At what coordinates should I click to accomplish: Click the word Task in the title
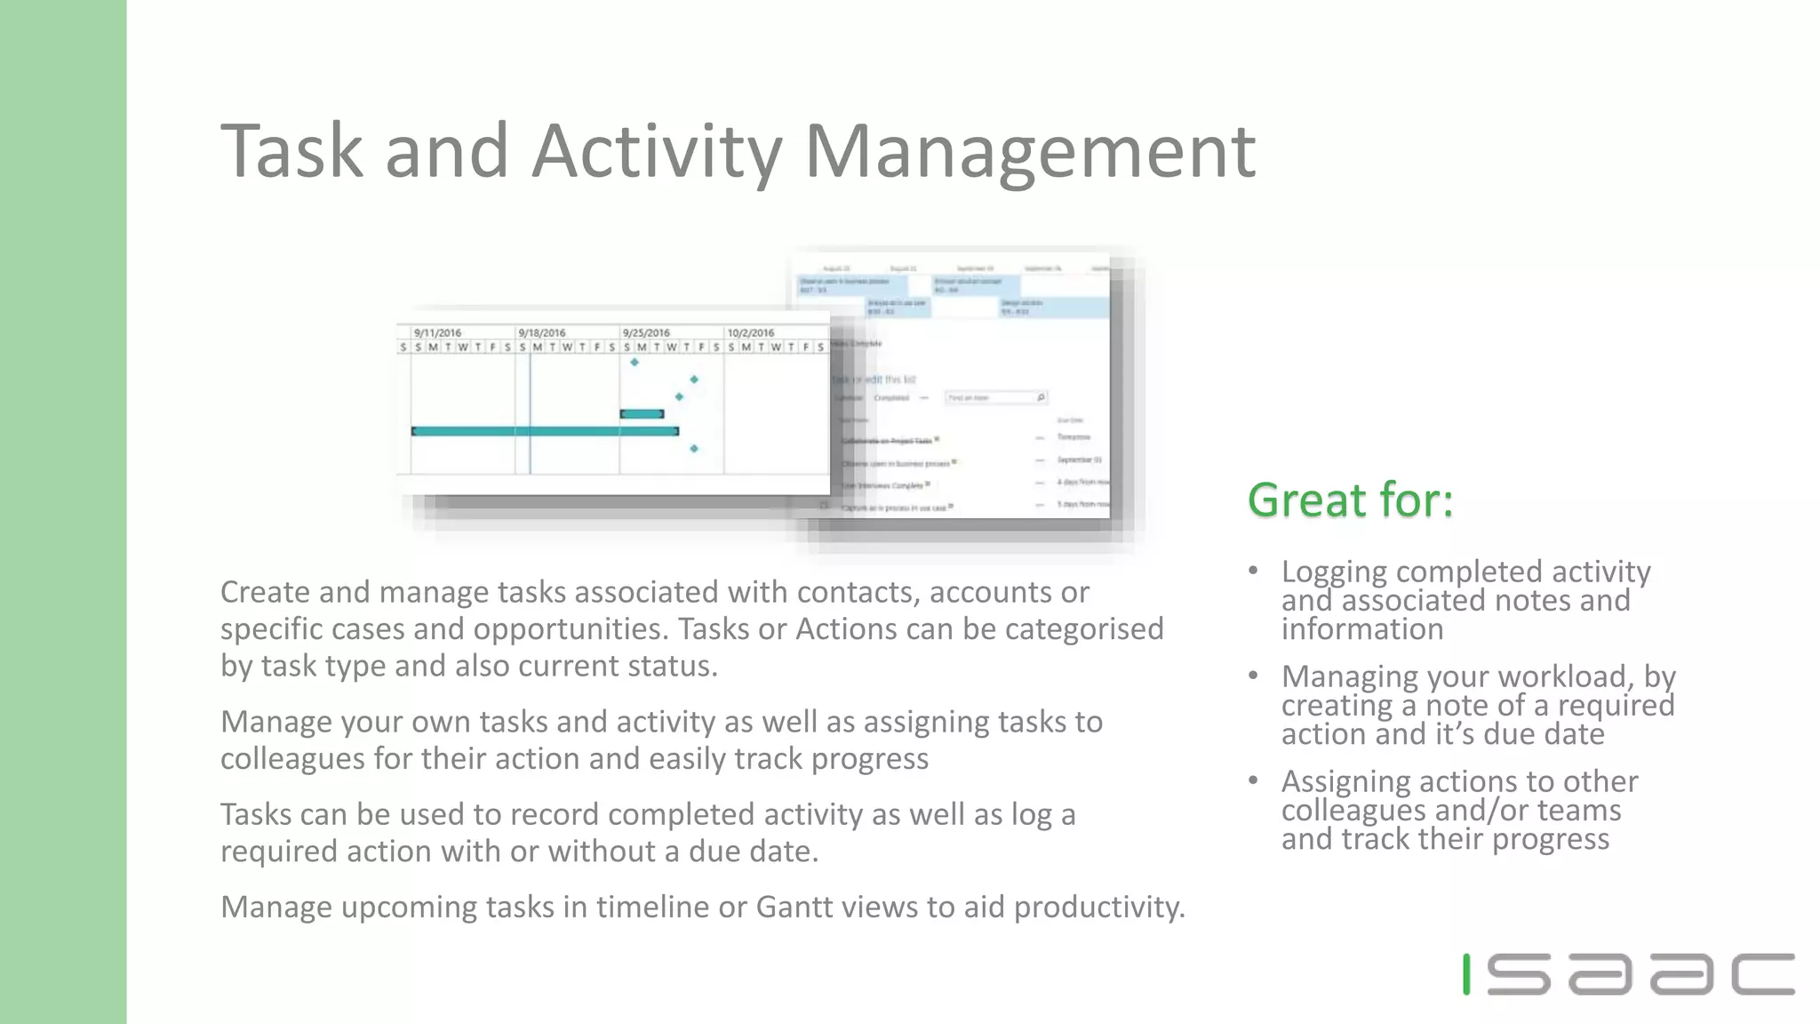[x=292, y=151]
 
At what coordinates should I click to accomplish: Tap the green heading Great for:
[x=1350, y=500]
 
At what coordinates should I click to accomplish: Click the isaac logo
[x=1628, y=974]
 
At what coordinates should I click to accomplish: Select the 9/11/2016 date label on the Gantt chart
[x=437, y=332]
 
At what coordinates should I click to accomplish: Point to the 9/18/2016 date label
[x=542, y=332]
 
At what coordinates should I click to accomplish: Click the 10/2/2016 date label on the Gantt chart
[x=751, y=332]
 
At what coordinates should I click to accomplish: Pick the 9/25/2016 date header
[x=646, y=332]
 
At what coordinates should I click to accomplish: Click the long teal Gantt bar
[x=545, y=431]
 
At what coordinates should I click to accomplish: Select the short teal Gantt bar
[x=642, y=413]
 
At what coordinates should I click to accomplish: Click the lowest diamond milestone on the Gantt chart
[x=694, y=449]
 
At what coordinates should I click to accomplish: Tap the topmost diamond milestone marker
[x=635, y=362]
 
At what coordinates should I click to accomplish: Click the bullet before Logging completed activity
[x=1253, y=571]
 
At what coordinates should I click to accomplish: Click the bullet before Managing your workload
[x=1253, y=676]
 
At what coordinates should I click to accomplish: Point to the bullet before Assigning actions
[x=1253, y=780]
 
